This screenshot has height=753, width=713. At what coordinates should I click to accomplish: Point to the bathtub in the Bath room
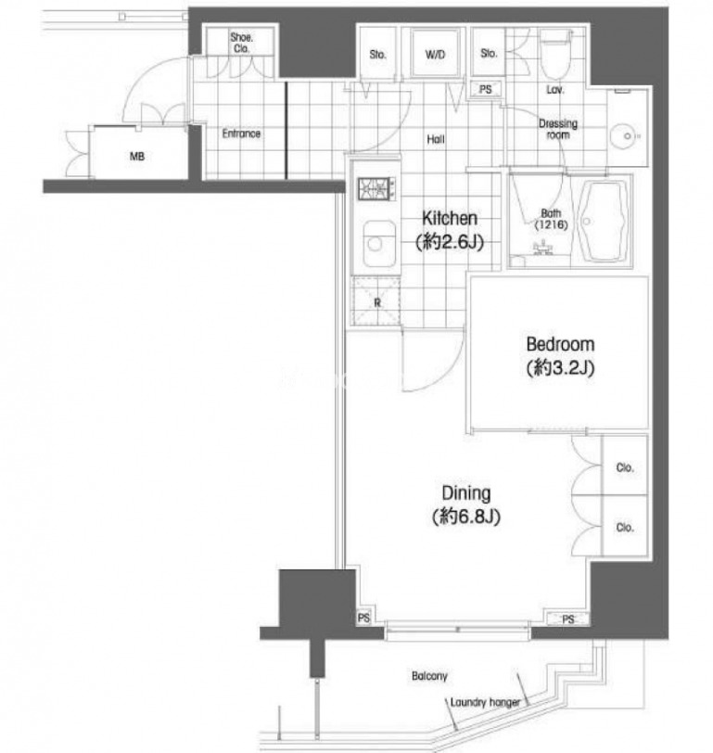604,222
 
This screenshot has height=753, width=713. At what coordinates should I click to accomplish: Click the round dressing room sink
627,136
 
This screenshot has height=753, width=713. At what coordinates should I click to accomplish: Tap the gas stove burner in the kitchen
376,188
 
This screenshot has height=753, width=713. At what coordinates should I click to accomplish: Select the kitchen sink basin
379,244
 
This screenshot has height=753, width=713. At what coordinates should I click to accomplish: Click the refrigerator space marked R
376,302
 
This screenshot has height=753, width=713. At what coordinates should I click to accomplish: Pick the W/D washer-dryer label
435,55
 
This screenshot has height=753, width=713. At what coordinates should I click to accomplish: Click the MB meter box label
137,157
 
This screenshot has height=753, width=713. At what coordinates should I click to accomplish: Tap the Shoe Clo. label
241,43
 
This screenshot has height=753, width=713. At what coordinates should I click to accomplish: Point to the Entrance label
241,134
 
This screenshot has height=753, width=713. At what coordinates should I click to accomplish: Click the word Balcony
429,676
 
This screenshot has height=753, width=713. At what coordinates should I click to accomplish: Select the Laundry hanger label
485,703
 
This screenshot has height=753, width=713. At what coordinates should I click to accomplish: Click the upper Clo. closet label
625,467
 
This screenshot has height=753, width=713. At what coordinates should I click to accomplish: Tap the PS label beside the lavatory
486,89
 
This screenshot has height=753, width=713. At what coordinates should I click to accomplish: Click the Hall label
436,140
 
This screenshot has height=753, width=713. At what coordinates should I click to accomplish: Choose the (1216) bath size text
551,224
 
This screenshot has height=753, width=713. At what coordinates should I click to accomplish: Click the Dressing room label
558,129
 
